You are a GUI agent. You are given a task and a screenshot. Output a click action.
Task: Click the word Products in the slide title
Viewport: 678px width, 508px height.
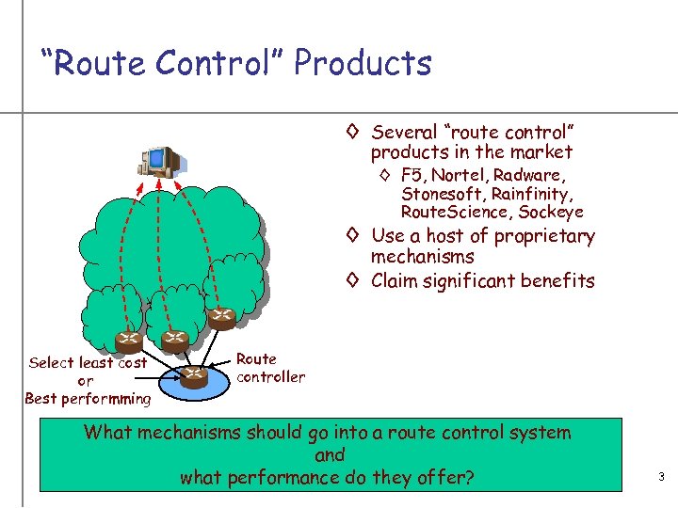(363, 63)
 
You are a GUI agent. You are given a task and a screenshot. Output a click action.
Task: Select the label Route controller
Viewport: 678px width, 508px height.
(270, 368)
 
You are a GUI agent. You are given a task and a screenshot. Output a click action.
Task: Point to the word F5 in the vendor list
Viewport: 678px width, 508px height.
(412, 175)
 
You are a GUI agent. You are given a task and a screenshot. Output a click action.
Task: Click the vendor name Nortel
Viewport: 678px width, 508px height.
(457, 175)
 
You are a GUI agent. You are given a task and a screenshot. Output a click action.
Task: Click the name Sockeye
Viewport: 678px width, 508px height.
(551, 213)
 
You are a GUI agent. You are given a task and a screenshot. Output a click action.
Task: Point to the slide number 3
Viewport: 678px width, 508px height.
(661, 478)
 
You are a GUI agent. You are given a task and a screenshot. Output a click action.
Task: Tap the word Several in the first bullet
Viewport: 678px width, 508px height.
(405, 133)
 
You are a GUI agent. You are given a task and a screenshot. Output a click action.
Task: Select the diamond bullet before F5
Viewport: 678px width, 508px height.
(385, 176)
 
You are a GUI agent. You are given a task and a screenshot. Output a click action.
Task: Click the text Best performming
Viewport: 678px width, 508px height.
(88, 399)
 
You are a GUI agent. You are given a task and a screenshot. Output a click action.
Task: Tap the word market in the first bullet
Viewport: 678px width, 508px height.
(541, 152)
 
